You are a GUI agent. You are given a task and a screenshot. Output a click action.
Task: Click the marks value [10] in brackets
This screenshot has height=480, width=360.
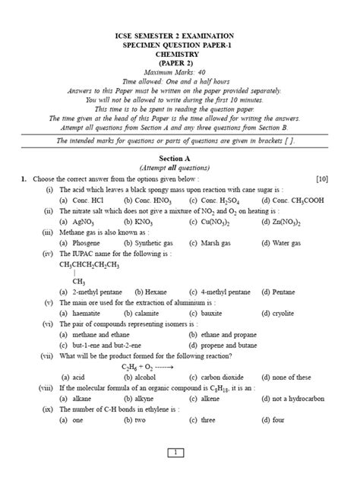click(322, 178)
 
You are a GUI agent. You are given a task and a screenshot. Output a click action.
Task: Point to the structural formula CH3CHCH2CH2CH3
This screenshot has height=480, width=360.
click(89, 265)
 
